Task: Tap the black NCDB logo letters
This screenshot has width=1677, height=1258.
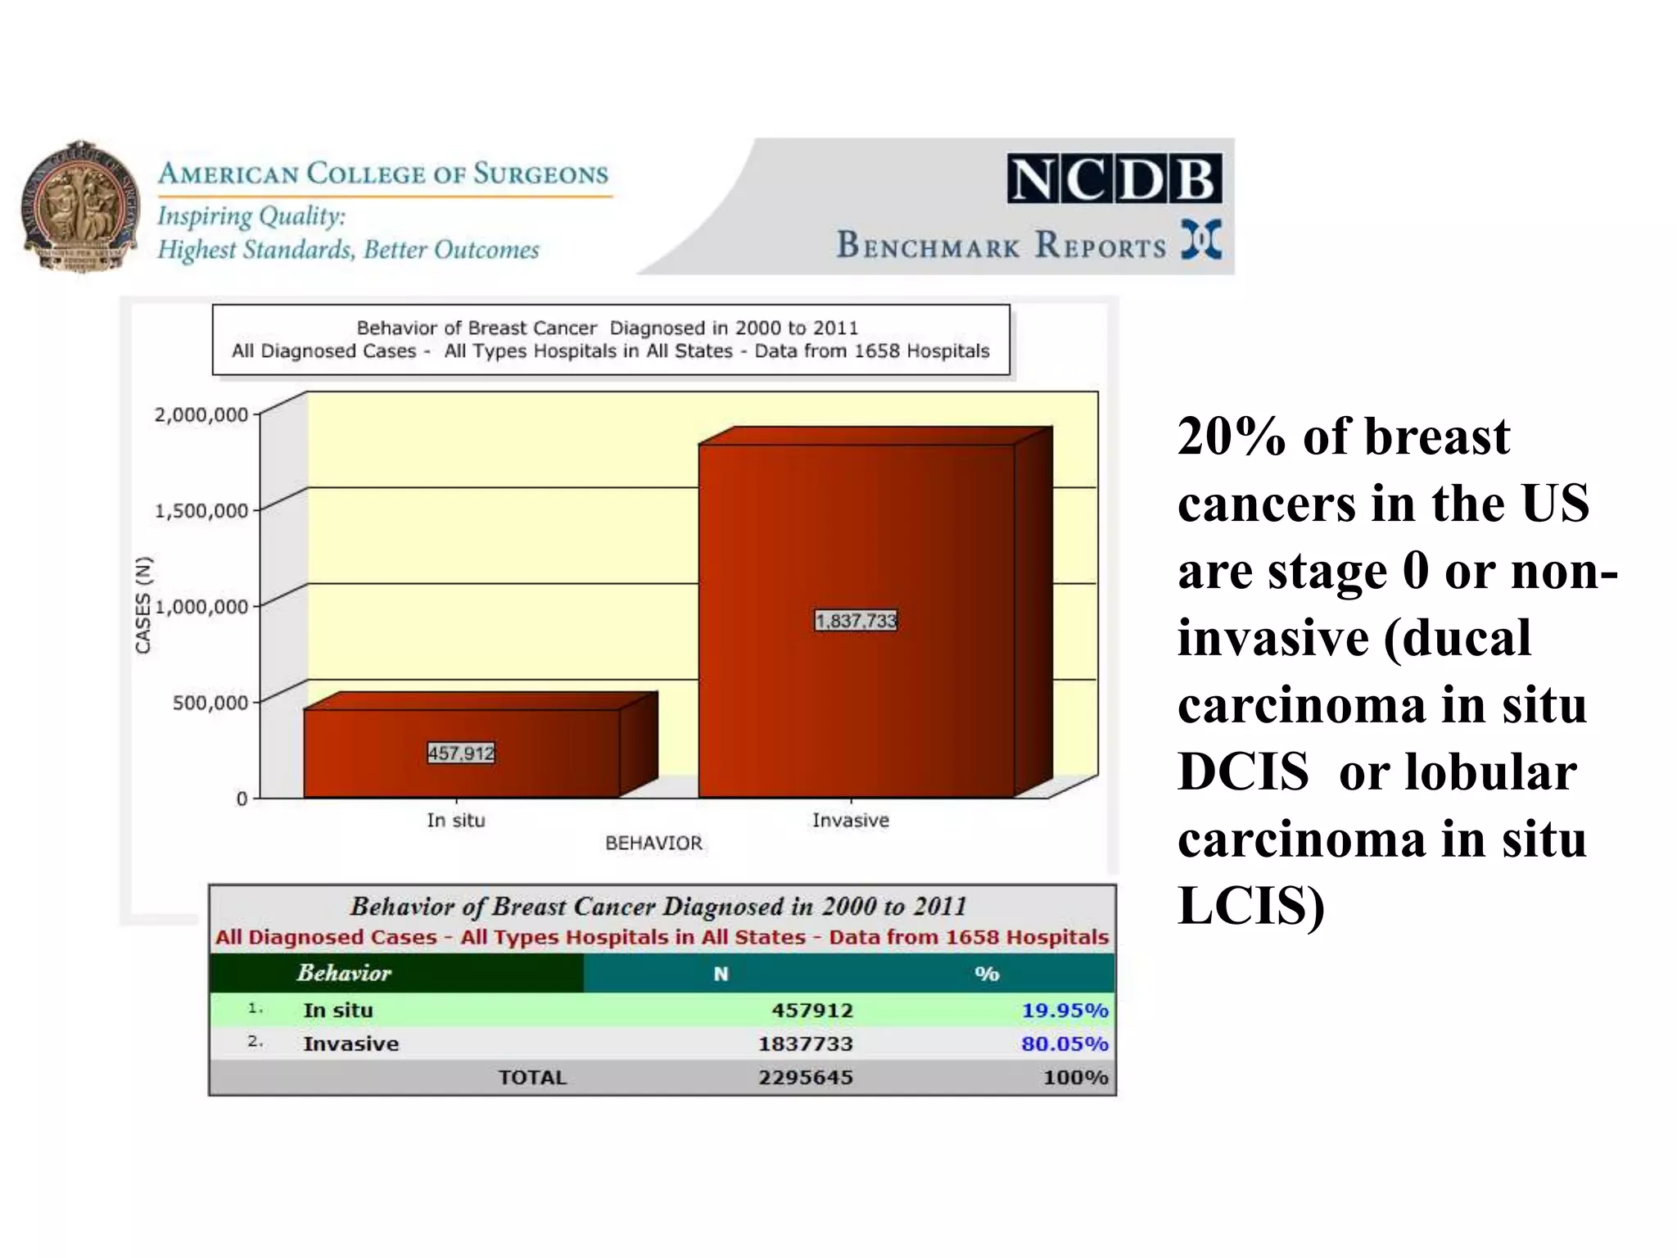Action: coord(1114,179)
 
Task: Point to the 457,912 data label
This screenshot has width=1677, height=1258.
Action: coord(461,753)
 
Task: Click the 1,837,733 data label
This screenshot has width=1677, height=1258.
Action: coord(856,620)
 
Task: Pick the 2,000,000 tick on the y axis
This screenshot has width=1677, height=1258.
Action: coord(201,414)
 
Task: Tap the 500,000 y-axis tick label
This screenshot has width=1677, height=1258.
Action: coord(210,703)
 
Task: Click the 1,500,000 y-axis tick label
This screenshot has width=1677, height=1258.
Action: coord(201,511)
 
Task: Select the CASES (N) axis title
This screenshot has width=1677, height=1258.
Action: coord(143,605)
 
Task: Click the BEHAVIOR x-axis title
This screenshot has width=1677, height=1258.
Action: coord(653,843)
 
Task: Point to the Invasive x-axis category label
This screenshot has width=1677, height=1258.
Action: coord(850,820)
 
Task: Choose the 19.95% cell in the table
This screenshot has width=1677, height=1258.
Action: coord(1064,1010)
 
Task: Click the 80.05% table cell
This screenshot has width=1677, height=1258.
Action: coord(1064,1043)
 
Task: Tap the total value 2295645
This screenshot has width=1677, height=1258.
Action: coord(805,1077)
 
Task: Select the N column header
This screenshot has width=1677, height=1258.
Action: coord(721,974)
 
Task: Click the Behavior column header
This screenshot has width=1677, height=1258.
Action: coord(344,973)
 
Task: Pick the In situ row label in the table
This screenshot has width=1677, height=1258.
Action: coord(337,1010)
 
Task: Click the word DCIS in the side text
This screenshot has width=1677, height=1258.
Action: coord(1242,772)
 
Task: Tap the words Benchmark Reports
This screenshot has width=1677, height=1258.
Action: coord(1001,245)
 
